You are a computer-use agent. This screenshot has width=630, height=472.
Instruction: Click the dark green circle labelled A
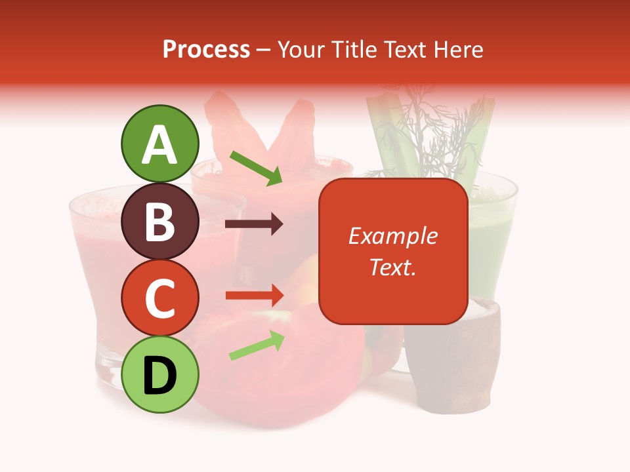[x=160, y=144]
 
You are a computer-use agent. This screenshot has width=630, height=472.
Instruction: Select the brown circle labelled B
[x=160, y=221]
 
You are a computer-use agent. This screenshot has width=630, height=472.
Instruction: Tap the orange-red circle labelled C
[x=160, y=298]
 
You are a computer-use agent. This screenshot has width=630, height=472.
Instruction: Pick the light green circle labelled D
[x=160, y=374]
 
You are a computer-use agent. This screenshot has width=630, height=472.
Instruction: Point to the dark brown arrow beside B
[x=254, y=225]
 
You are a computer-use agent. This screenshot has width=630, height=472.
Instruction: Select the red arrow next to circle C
[x=254, y=296]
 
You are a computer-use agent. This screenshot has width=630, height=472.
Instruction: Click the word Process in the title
[x=206, y=50]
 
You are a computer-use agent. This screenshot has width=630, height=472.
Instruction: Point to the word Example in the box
[x=392, y=236]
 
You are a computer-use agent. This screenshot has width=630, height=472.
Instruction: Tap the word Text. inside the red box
[x=392, y=267]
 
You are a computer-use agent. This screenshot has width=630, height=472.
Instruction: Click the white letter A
[x=160, y=145]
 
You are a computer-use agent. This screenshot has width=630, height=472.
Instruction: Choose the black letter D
[x=160, y=376]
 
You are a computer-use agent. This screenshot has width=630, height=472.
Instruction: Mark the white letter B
[x=160, y=222]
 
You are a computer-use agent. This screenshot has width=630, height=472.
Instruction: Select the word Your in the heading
[x=303, y=50]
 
